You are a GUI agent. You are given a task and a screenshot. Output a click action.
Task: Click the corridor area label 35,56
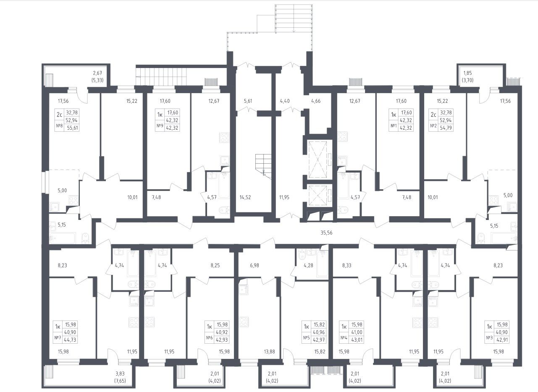click(x=326, y=233)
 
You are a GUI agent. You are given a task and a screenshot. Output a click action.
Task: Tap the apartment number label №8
click(x=59, y=125)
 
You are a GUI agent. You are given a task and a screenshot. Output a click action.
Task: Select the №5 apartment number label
click(x=306, y=338)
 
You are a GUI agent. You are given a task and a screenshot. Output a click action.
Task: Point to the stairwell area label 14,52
click(x=245, y=197)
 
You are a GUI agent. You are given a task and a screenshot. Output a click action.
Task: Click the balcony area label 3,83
click(x=120, y=374)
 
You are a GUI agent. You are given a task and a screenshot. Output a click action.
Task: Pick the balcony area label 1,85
click(x=467, y=73)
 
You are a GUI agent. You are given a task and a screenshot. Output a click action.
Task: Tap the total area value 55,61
click(x=72, y=128)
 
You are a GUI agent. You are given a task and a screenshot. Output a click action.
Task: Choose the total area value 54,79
click(x=446, y=128)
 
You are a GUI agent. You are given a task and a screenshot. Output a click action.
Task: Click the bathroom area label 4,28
click(x=308, y=266)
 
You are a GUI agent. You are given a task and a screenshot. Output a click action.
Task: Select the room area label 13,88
click(x=269, y=352)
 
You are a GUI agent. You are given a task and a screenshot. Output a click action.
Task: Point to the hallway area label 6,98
click(x=255, y=266)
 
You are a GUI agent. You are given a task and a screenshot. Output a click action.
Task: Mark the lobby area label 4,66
click(x=316, y=101)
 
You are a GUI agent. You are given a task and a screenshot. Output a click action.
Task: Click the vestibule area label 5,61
click(x=248, y=101)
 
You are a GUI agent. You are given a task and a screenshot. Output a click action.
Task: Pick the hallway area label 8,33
click(x=347, y=266)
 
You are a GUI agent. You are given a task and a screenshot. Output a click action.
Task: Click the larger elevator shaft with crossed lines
click(x=318, y=159)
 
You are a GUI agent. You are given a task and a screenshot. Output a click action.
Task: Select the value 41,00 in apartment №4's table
click(x=357, y=332)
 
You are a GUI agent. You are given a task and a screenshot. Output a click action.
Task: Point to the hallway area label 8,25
click(x=215, y=266)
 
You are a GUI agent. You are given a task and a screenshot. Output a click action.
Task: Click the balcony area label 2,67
click(x=97, y=73)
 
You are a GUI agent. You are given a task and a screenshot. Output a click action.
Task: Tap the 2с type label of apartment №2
click(x=433, y=115)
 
